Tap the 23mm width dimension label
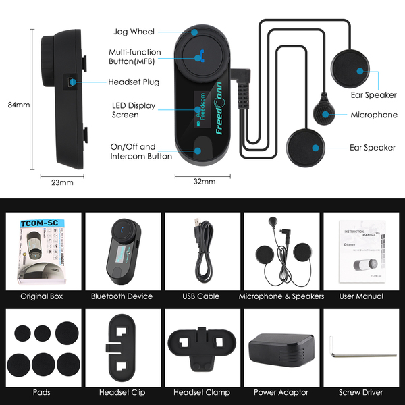point(62,182)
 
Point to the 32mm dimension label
point(204,181)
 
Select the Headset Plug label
point(133,83)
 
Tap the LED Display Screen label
point(134,110)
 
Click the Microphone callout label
point(374,115)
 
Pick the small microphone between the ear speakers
point(323,113)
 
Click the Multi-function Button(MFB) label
point(135,57)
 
